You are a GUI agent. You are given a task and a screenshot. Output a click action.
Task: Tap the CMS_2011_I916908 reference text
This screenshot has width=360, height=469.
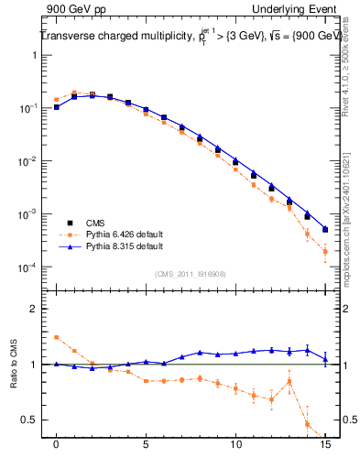(191, 273)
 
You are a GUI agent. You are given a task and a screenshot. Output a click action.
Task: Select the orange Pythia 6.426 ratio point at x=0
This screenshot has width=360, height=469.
(57, 337)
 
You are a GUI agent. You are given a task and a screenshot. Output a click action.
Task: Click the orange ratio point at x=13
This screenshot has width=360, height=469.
(289, 381)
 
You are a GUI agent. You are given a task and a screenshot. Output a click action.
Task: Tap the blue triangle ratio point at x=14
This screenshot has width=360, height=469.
(308, 349)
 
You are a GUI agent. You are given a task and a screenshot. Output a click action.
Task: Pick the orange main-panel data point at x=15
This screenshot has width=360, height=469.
(325, 251)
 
